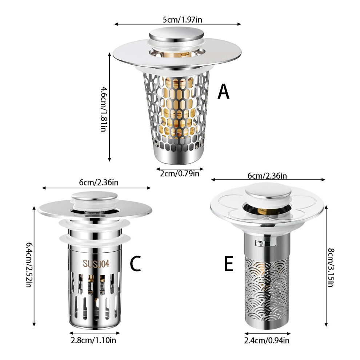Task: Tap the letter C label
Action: tap(135, 264)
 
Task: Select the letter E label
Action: tap(229, 264)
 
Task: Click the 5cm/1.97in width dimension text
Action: tap(182, 20)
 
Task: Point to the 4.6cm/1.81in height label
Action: tap(104, 109)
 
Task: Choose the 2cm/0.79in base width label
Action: tap(180, 173)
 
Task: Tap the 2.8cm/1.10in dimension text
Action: tap(93, 340)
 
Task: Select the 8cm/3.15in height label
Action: tap(331, 268)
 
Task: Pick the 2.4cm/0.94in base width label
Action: tap(267, 340)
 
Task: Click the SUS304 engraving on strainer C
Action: tap(96, 264)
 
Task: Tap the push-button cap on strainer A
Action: tap(177, 35)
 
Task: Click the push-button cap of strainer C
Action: tap(94, 197)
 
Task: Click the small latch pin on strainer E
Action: tap(259, 243)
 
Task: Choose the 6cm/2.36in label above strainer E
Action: tap(267, 176)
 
